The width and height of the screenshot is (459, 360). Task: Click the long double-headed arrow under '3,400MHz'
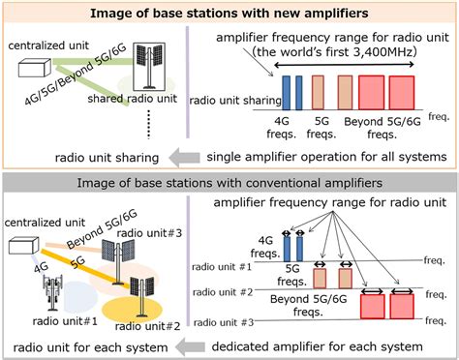352,66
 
